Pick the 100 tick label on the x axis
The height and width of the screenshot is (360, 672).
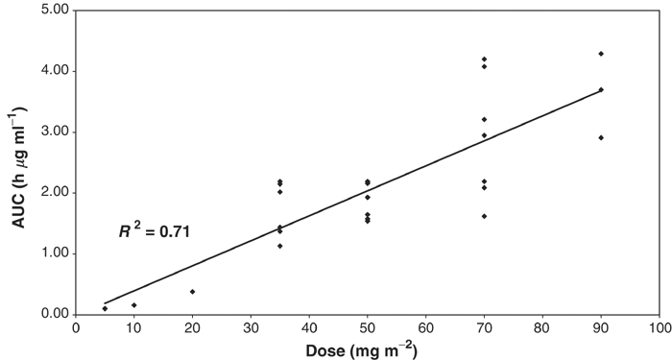click(659, 328)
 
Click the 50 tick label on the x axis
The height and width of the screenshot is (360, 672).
click(368, 328)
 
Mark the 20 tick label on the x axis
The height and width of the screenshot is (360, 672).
click(193, 328)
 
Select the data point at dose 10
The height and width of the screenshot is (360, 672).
click(134, 305)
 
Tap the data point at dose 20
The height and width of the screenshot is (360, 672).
click(192, 291)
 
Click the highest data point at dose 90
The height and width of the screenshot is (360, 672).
click(601, 54)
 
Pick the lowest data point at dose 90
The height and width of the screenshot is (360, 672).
click(601, 137)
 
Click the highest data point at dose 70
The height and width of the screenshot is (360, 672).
click(485, 60)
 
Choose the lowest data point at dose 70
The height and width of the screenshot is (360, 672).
click(485, 216)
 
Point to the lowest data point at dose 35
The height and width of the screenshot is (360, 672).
click(280, 246)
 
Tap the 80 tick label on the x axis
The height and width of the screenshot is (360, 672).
click(542, 328)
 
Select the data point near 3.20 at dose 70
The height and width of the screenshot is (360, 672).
click(485, 119)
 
